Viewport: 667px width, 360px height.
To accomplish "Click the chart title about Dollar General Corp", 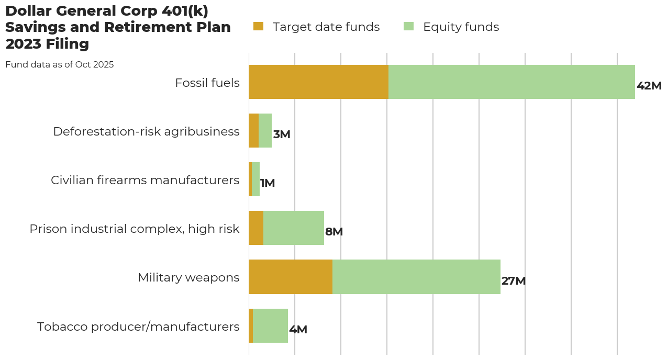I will [118, 28].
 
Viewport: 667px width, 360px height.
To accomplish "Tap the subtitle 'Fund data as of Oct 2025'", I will [60, 65].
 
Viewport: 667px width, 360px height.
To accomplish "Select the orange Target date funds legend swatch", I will [258, 26].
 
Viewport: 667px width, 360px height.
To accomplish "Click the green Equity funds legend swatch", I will [408, 26].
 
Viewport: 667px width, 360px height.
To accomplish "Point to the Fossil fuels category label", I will [207, 83].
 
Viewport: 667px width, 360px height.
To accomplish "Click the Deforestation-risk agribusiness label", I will [146, 131].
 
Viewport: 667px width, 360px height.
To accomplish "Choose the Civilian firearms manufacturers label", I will [145, 180].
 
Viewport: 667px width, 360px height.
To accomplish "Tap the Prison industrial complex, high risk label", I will [135, 229].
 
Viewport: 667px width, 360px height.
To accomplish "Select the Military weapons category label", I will [188, 277].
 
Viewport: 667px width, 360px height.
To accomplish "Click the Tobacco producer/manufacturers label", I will [138, 327].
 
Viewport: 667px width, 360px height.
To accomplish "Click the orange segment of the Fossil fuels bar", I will [318, 82].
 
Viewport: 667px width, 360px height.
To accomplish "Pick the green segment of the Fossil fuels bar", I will [512, 82].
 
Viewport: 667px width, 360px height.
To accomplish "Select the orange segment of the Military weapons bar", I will [291, 277].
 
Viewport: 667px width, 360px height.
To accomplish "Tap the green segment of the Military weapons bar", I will [416, 277].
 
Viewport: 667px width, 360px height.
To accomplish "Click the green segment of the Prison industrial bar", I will [294, 228].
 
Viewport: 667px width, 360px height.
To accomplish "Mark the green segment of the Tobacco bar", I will [270, 325].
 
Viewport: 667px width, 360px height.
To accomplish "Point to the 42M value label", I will [649, 86].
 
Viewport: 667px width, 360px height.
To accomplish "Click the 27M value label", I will [513, 281].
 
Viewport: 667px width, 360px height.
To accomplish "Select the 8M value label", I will [334, 232].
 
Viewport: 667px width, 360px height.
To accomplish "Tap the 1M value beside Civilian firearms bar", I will [268, 183].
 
